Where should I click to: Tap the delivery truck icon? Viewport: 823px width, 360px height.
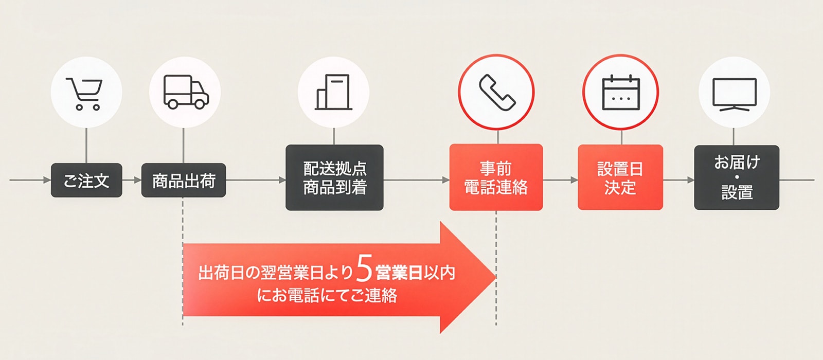tap(186, 92)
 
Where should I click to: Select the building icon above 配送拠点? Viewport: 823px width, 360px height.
tap(333, 92)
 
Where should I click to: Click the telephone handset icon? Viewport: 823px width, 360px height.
tap(496, 93)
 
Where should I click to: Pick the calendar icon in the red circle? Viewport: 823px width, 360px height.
tap(621, 93)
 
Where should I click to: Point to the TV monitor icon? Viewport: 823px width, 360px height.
tap(734, 94)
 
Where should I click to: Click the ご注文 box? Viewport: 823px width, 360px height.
tap(86, 181)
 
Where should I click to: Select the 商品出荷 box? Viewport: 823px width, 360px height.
tap(184, 181)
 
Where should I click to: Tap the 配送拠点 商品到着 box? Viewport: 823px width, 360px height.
tap(334, 177)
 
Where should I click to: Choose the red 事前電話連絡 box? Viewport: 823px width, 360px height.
tap(496, 177)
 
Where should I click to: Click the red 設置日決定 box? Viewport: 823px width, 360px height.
tap(620, 177)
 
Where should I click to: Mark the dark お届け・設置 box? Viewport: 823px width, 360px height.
tap(737, 177)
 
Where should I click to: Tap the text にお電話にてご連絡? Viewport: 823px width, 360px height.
tap(327, 296)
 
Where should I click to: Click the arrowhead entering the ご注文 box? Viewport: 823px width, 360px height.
tap(47, 181)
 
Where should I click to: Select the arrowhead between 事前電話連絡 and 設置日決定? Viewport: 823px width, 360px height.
tap(574, 181)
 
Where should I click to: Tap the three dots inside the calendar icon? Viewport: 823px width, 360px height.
tap(621, 98)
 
